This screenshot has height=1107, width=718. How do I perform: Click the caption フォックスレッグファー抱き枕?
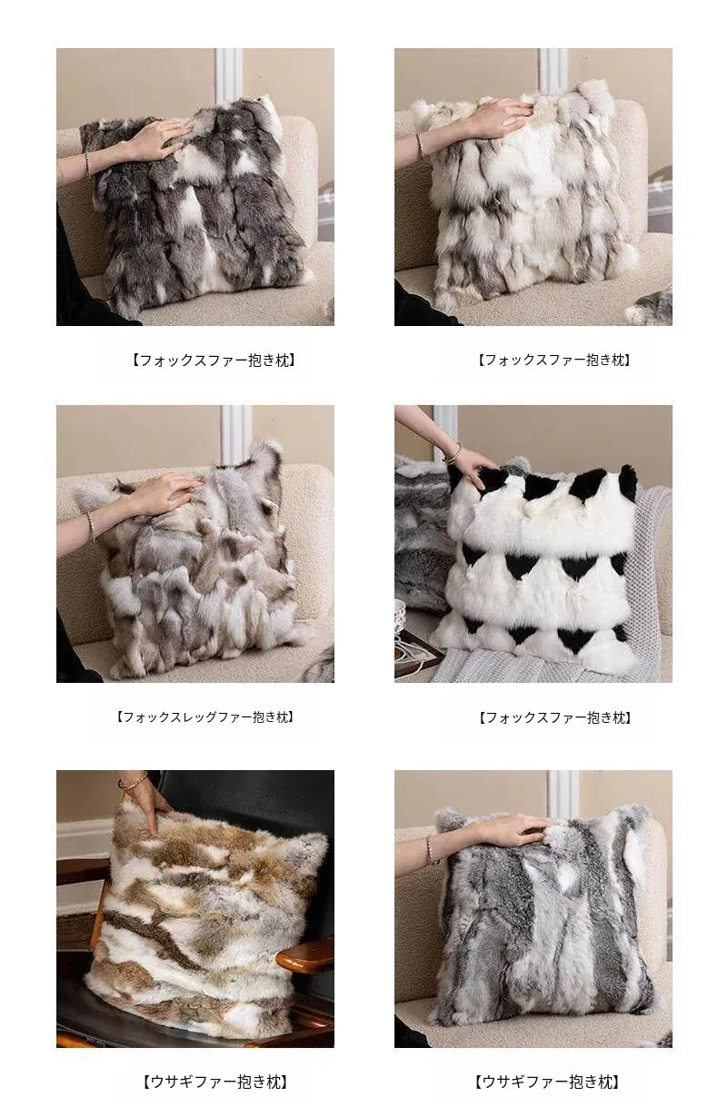pos(205,717)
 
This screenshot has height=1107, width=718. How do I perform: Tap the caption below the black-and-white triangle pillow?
pos(554,717)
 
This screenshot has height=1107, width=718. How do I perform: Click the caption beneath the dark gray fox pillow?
pos(214,360)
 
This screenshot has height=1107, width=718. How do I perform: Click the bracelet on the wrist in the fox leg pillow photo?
pos(91,527)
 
